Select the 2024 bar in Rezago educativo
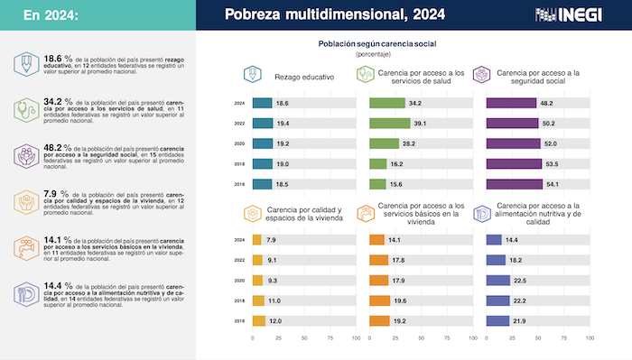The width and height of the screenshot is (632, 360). point(263,103)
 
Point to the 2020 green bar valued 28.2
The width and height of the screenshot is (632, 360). point(384,143)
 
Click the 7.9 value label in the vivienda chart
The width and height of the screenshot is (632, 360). point(272,240)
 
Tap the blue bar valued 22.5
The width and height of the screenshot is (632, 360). point(497,281)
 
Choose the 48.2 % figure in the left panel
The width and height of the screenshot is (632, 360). point(59,146)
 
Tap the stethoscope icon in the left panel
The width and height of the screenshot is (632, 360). point(26,109)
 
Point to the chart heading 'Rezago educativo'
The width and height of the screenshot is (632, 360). point(303,77)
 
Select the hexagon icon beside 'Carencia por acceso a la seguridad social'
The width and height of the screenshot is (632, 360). point(483,76)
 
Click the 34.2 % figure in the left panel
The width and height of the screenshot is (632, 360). point(59,101)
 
